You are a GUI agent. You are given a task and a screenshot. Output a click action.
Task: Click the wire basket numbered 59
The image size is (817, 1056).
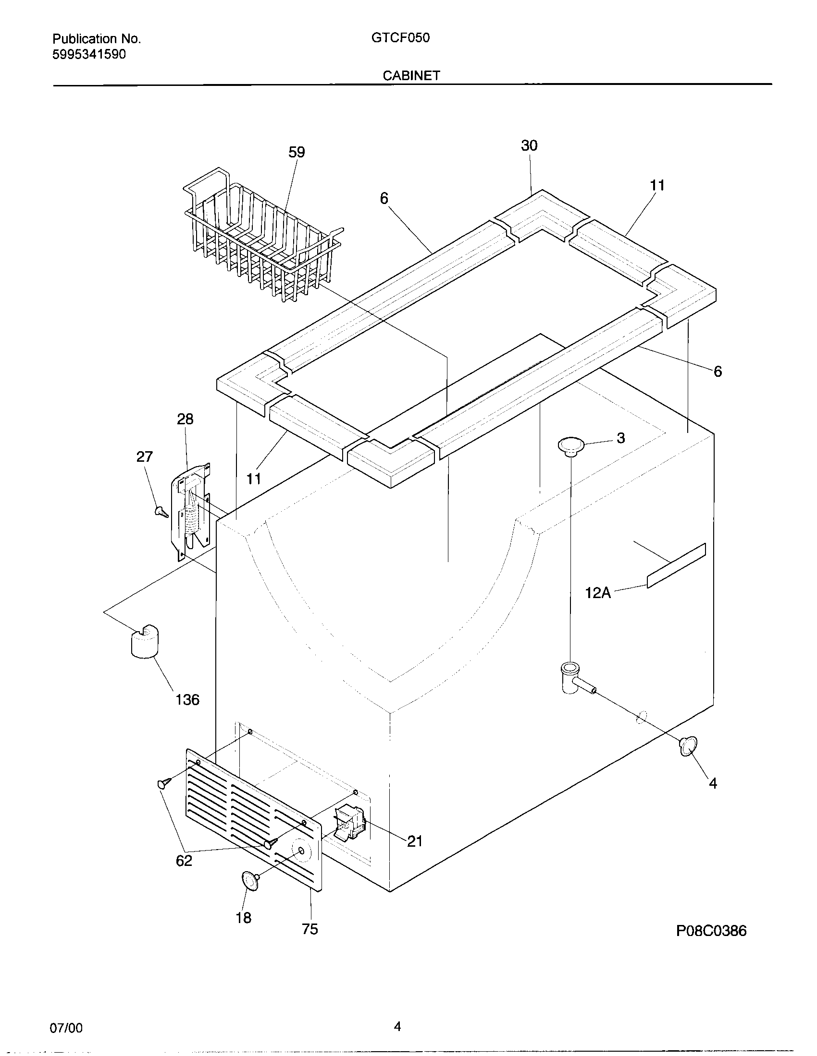(x=261, y=237)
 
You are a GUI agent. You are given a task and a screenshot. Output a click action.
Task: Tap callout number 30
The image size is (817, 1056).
(x=529, y=145)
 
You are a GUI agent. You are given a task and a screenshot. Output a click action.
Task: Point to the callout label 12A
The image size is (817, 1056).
(x=598, y=593)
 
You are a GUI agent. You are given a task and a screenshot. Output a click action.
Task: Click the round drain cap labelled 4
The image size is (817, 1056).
(x=688, y=745)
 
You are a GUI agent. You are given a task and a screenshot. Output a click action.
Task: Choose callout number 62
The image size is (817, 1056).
(x=184, y=861)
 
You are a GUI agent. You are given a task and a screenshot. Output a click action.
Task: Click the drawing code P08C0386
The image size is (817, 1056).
(x=711, y=931)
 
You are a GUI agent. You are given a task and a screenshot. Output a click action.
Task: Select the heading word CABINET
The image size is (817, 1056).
(x=411, y=75)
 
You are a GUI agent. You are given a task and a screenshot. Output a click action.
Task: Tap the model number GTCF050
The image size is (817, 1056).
(x=400, y=38)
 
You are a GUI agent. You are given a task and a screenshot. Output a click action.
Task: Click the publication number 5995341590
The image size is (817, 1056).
(x=89, y=54)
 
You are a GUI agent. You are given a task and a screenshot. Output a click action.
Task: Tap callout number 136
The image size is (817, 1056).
(x=187, y=700)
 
